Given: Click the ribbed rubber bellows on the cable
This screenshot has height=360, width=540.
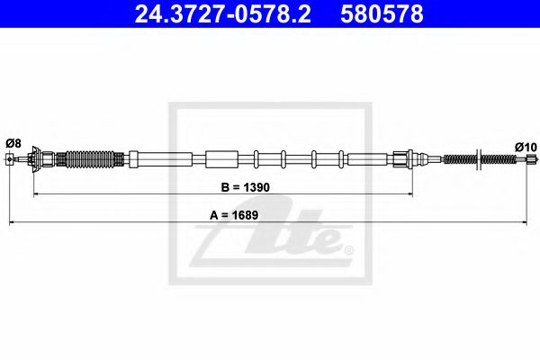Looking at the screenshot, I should [89, 160].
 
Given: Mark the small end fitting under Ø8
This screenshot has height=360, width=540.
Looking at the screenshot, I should [10, 160].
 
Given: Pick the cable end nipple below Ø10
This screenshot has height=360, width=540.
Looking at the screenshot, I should [529, 160].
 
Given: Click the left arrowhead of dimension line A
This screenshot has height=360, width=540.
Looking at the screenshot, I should [12, 220].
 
